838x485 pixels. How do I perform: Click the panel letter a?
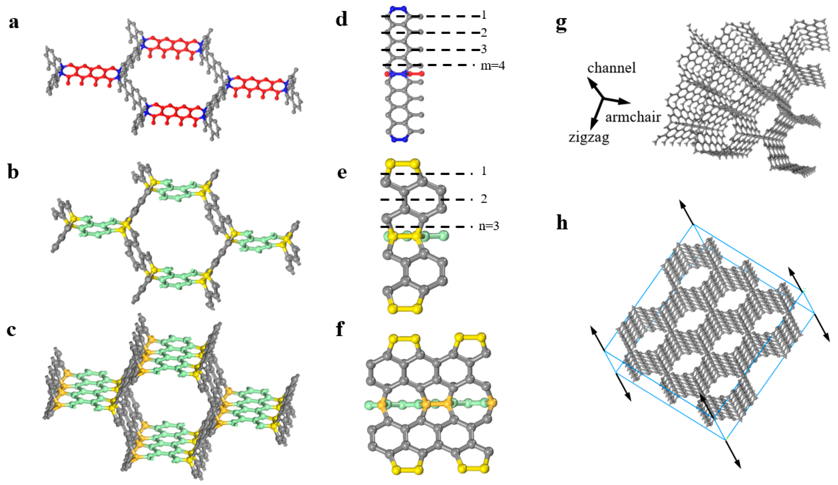click(x=14, y=23)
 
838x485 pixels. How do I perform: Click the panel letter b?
click(x=13, y=173)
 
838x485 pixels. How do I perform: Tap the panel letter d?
click(x=341, y=20)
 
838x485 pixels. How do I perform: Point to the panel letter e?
click(x=342, y=173)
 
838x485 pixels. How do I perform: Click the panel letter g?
click(x=561, y=25)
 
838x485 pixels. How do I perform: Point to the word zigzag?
click(x=589, y=137)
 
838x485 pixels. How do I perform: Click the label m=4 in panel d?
click(x=493, y=66)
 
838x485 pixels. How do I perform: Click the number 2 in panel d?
click(x=484, y=33)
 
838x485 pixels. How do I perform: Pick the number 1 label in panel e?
click(x=484, y=171)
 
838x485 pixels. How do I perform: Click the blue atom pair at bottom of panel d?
click(x=399, y=140)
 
